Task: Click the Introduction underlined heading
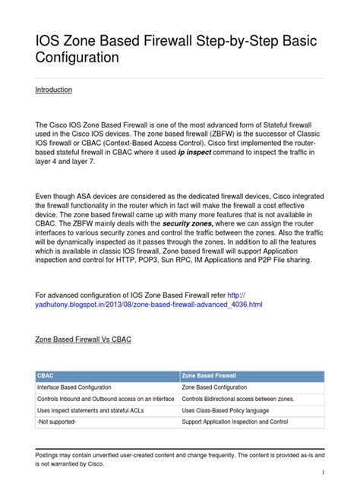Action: (x=53, y=90)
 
